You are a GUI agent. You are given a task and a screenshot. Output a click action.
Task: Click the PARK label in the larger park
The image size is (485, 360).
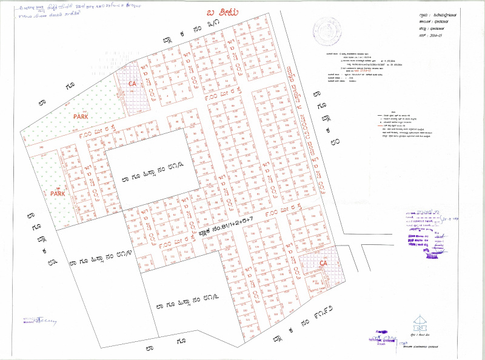coord(81,115)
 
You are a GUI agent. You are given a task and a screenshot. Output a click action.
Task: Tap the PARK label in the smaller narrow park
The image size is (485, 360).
coord(58,194)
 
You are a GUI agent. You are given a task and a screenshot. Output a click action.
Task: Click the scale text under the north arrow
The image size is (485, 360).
coord(418,335)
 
